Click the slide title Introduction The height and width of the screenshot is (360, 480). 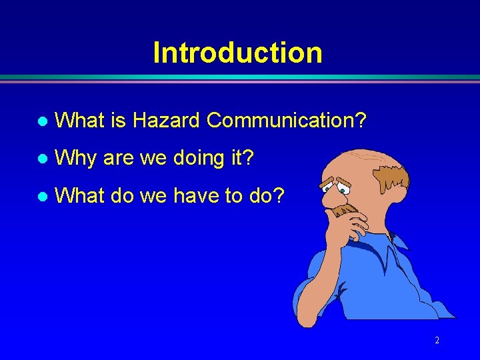237,53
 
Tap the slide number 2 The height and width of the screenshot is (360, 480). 437,340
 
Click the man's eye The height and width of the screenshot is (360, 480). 342,190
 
